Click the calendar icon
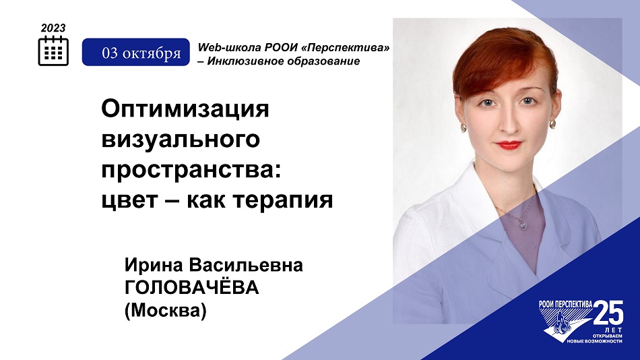click(x=53, y=51)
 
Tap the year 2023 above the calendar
click(x=53, y=28)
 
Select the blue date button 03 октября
click(x=136, y=52)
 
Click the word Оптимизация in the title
click(x=185, y=109)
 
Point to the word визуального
click(x=181, y=140)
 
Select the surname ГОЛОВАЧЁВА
click(x=192, y=287)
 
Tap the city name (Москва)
click(x=166, y=311)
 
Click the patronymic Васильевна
click(x=246, y=265)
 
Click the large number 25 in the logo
click(x=608, y=312)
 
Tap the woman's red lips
click(x=508, y=145)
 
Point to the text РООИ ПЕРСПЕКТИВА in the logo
click(x=566, y=304)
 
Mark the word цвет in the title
click(x=129, y=201)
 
